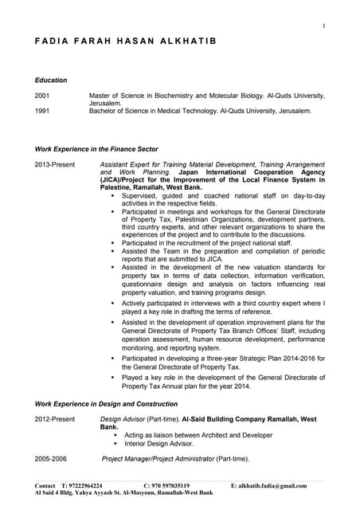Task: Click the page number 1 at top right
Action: coord(323,26)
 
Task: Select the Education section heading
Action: coord(51,80)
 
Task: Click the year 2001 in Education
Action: coord(43,96)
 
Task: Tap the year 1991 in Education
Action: coord(43,112)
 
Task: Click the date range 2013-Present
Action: coord(55,164)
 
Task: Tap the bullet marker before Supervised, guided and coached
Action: coord(113,195)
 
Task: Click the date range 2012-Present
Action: coord(55,418)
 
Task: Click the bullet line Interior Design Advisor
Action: coord(158,443)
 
